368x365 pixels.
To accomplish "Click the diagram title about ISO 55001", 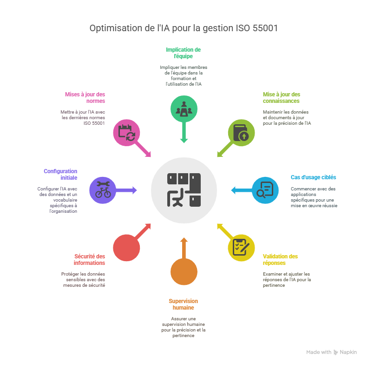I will (x=184, y=28).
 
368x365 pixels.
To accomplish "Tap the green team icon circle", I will (x=184, y=108).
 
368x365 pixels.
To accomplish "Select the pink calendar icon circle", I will (x=127, y=132).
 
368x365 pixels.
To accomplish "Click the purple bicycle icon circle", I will (x=103, y=190).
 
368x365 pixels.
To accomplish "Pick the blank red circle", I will (x=126, y=247).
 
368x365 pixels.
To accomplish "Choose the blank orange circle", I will (x=184, y=271).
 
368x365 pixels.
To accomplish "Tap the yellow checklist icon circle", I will (x=241, y=247).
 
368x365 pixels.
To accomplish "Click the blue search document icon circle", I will (x=265, y=190).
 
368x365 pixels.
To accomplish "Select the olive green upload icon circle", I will (x=241, y=132).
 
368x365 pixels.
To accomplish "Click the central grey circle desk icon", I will (x=184, y=190).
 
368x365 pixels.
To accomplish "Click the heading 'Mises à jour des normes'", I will (x=85, y=97).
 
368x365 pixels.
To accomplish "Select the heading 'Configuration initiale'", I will (x=60, y=174).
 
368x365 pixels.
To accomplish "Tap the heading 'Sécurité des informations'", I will (x=89, y=259).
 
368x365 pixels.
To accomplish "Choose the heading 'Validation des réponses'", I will (x=280, y=259).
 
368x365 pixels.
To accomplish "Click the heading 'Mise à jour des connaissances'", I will (x=282, y=97).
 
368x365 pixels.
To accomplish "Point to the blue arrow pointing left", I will (x=240, y=190).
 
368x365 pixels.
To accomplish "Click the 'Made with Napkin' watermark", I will (x=331, y=352).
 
